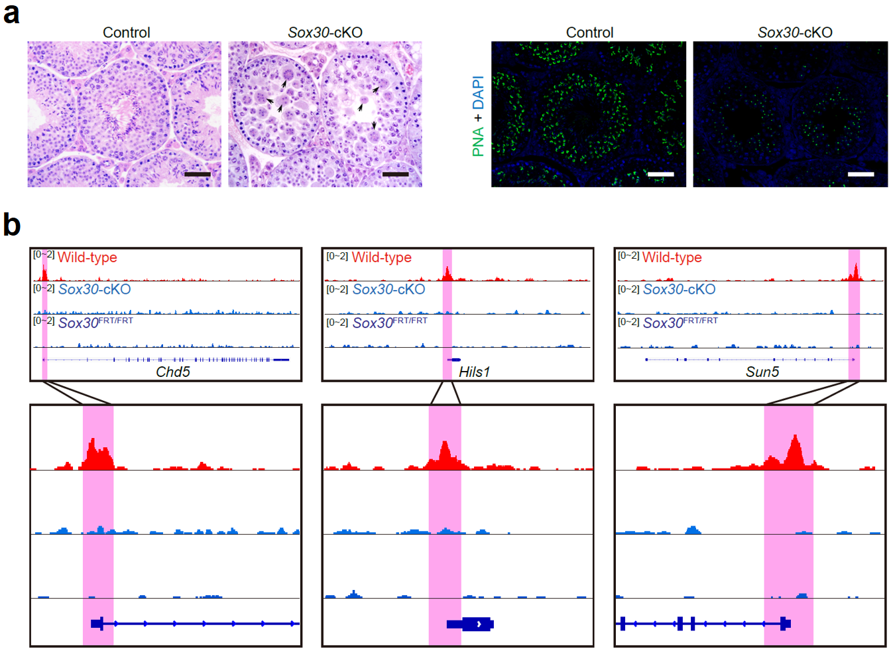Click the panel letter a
11,13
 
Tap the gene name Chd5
172,372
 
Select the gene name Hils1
474,372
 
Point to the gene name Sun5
762,372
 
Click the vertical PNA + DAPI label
478,116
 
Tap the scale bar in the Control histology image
197,175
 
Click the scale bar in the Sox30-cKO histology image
396,175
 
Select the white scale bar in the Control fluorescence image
660,175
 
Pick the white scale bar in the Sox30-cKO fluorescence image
861,175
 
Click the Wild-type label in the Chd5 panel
87,257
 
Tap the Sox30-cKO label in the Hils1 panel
388,289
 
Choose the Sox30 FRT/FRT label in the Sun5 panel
680,323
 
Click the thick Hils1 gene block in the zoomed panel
476,624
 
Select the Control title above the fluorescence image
589,33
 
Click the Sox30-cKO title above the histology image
325,33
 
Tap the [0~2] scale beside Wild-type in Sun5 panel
628,255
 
